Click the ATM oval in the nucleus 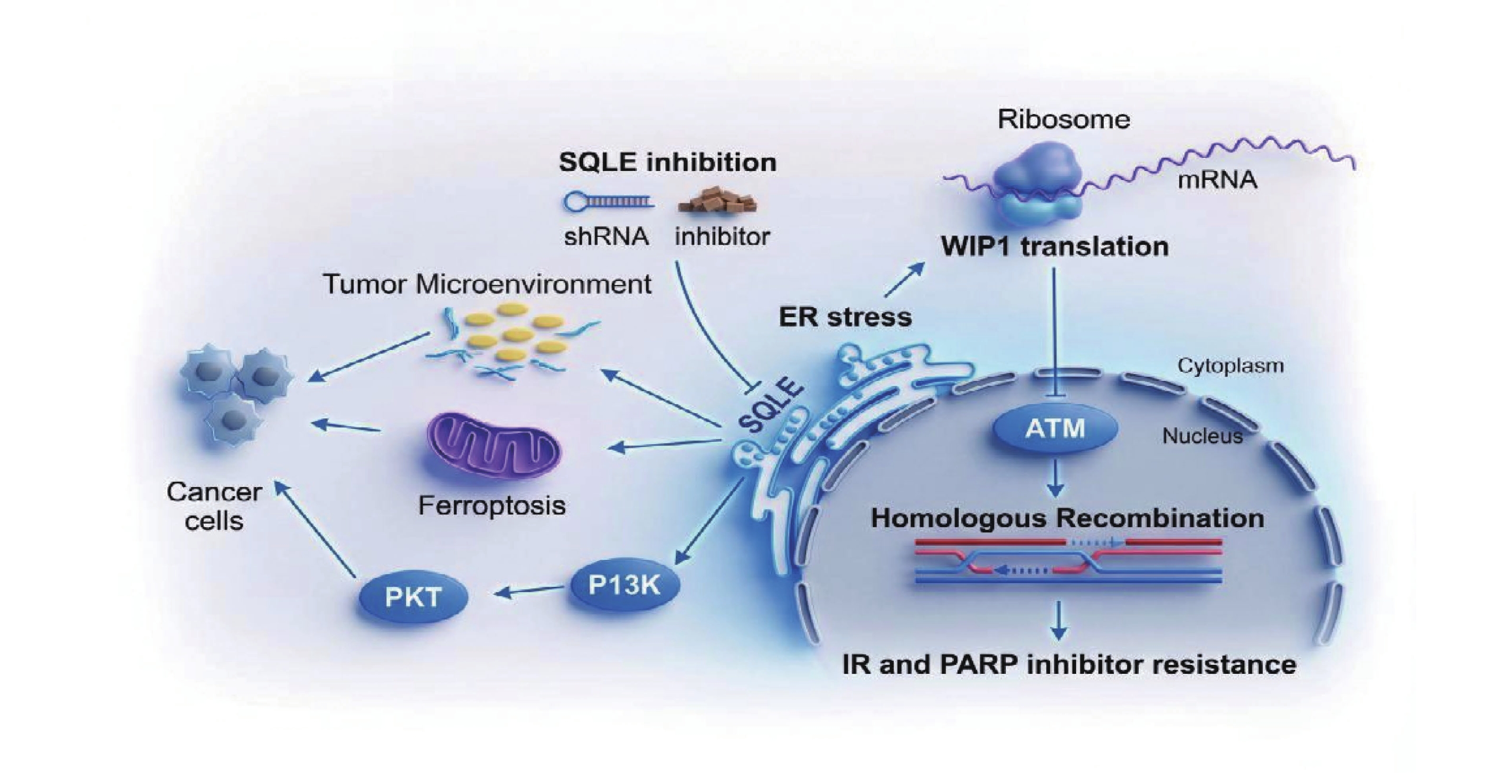[x=1055, y=429]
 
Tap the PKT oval [x=413, y=597]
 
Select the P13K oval [x=625, y=586]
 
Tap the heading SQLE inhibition [x=667, y=162]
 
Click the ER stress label [x=845, y=317]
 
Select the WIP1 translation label [x=1055, y=247]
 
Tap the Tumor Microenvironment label [x=487, y=284]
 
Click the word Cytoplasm [x=1230, y=366]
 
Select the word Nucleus [x=1202, y=436]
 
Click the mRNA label [x=1217, y=180]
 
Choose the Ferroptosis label [x=492, y=506]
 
